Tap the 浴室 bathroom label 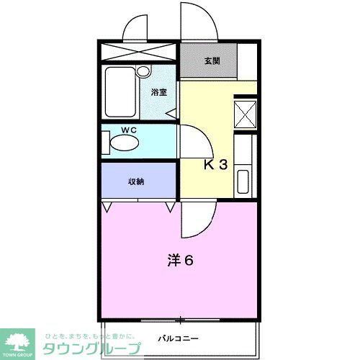tap(158, 93)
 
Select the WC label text tap(129, 130)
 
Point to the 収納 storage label tap(136, 181)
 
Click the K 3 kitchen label tap(215, 165)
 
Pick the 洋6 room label tap(180, 260)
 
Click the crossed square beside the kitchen tap(246, 114)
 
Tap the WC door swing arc tap(191, 141)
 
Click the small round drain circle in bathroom tap(143, 71)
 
